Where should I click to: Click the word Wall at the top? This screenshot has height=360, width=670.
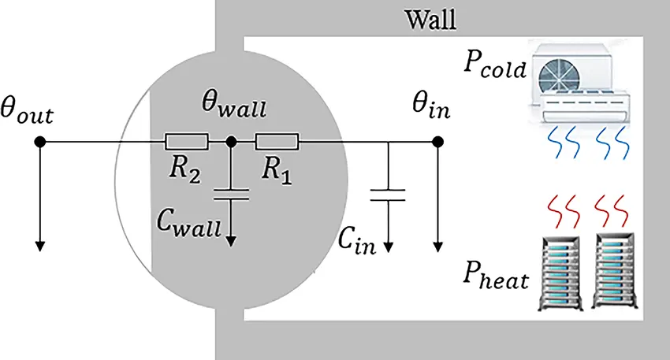click(x=430, y=18)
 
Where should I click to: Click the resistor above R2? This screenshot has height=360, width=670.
click(x=186, y=143)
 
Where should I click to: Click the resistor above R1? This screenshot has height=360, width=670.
click(x=277, y=143)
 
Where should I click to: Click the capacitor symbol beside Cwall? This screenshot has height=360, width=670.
click(x=231, y=194)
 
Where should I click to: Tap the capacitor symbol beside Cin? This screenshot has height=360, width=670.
click(x=388, y=194)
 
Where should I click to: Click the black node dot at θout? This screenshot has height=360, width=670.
click(x=39, y=143)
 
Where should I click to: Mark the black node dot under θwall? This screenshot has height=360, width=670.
click(x=231, y=143)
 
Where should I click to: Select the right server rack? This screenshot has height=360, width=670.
click(x=616, y=271)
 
